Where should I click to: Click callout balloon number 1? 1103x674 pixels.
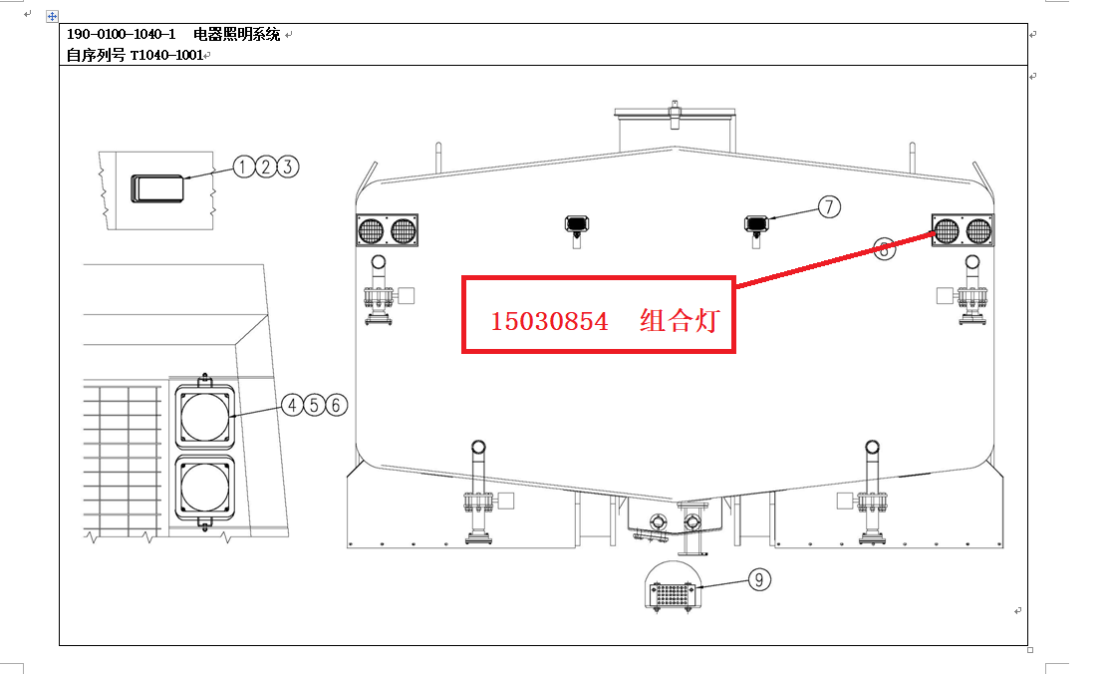coord(245,167)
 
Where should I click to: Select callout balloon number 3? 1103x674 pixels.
coord(288,167)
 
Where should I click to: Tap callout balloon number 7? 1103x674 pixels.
coord(829,206)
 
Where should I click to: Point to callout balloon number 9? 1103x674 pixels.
coord(758,579)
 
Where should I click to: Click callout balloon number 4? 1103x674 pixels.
coord(292,405)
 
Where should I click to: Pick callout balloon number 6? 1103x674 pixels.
coord(336,405)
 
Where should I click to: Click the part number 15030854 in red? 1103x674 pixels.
coord(549,321)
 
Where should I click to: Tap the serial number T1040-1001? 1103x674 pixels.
coord(166,55)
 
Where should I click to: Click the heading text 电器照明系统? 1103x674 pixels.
coord(237,35)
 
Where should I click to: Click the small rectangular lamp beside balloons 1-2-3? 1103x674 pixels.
coord(158,187)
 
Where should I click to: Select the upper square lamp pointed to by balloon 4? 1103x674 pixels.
coord(204,415)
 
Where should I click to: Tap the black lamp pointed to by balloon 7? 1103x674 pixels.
coord(756,222)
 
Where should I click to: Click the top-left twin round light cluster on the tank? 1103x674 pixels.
coord(387,230)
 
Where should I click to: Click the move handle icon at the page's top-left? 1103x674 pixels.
coord(52,17)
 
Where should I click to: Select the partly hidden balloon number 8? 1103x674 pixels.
coord(884,249)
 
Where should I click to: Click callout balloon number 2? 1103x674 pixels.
coord(266,167)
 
